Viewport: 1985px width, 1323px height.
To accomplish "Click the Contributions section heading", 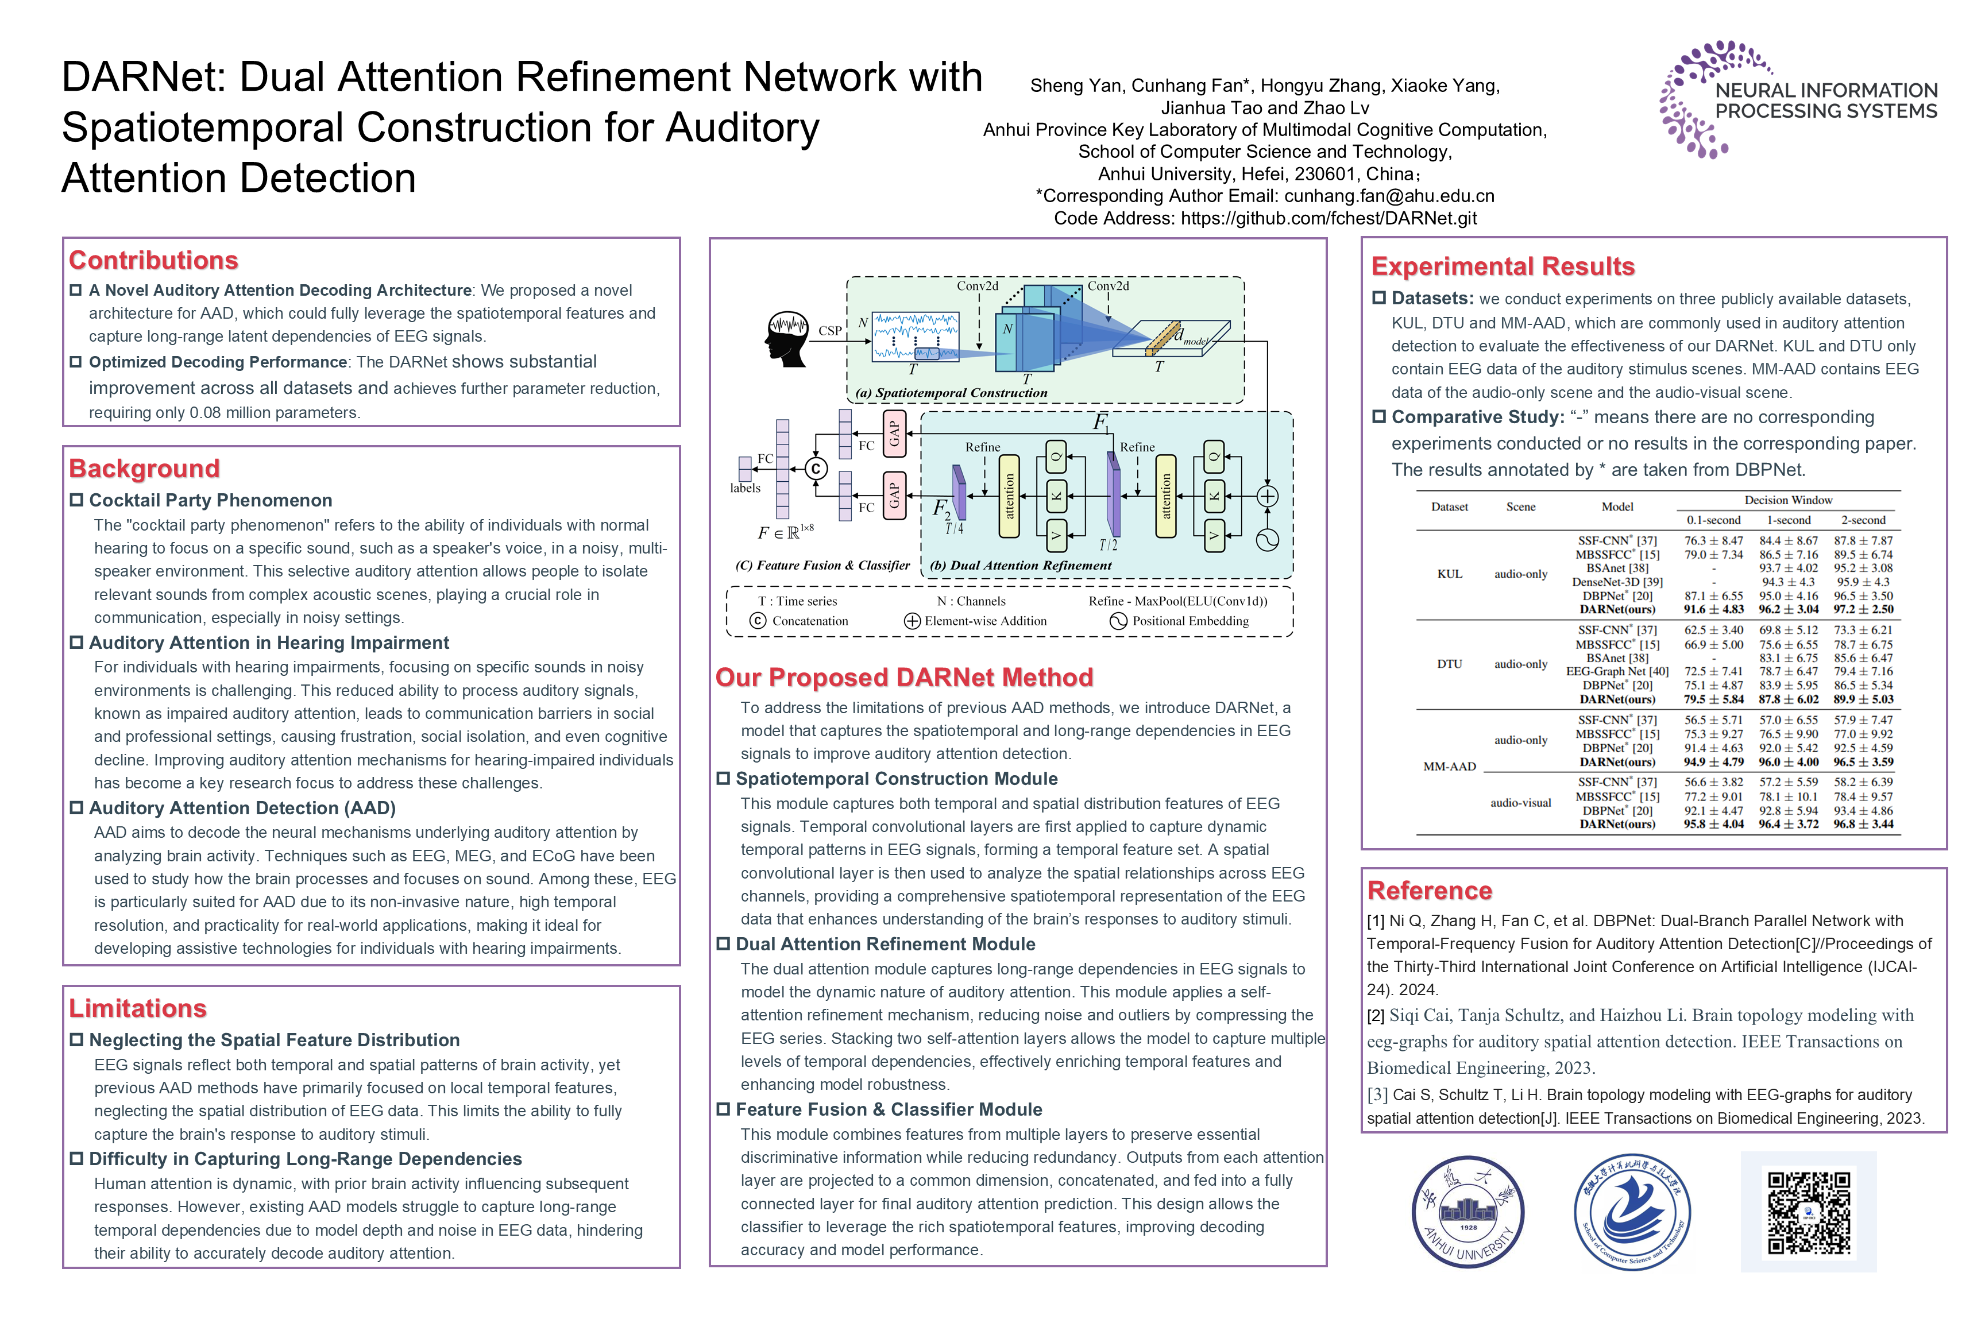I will [153, 260].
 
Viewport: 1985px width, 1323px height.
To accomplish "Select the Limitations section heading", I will [138, 1008].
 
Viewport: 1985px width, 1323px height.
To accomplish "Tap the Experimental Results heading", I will [1503, 266].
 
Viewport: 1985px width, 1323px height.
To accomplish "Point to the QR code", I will [1809, 1212].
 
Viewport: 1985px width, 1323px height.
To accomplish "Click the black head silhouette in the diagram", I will [786, 338].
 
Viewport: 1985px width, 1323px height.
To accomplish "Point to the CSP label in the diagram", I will [829, 331].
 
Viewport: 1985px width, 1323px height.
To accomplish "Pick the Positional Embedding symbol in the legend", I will [1118, 621].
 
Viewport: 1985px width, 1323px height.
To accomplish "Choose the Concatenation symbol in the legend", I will [758, 621].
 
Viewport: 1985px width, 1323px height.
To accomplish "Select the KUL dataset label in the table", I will [1449, 574].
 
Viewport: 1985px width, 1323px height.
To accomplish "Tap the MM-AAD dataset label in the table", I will [1449, 766].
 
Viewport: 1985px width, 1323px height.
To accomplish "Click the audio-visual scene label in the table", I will [1520, 802].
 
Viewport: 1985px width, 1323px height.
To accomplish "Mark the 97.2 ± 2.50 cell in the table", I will [1863, 609].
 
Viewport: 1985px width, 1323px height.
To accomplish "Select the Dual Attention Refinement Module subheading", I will [885, 944].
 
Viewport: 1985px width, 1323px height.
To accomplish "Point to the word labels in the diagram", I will [745, 488].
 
